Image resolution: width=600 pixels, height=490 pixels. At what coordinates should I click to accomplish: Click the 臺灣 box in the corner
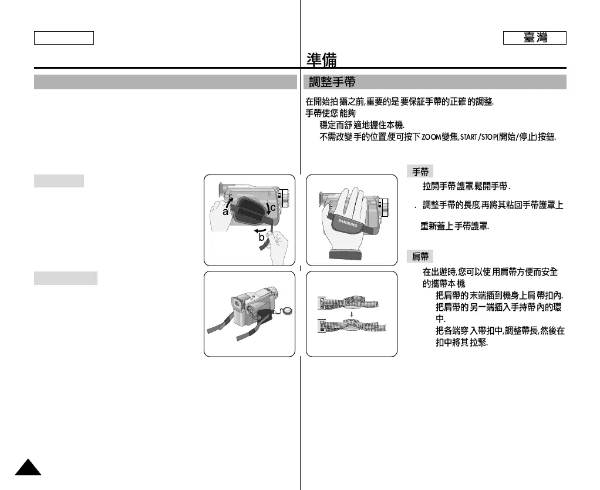pos(534,38)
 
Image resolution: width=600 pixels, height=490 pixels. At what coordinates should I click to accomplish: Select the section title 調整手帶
pos(332,82)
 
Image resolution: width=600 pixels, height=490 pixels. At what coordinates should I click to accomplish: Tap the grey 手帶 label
pos(420,172)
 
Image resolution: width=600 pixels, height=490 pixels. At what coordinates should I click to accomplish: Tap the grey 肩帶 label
pos(420,256)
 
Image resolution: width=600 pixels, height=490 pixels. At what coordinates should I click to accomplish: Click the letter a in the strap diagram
pos(225,212)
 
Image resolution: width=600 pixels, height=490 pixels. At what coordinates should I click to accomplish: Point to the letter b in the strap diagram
pos(262,237)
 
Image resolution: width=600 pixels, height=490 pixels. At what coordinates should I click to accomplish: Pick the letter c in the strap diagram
pos(272,207)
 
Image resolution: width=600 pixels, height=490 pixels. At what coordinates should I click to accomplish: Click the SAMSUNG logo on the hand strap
pos(346,221)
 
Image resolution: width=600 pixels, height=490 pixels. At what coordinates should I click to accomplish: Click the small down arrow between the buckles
pos(352,314)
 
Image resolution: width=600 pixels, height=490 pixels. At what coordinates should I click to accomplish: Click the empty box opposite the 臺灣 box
pos(64,38)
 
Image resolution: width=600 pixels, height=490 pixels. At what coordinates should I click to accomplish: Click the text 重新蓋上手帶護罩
pos(454,226)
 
